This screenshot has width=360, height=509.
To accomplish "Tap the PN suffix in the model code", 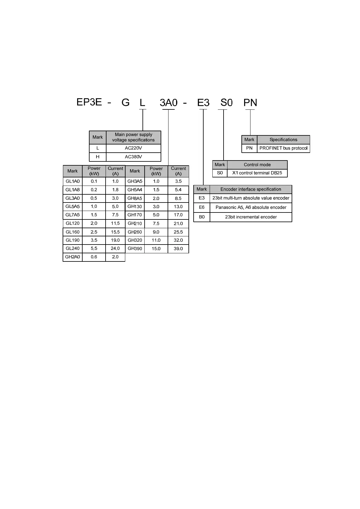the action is (x=250, y=103).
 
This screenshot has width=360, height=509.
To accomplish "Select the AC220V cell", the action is (x=133, y=148).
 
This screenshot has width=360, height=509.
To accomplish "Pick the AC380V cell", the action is (x=133, y=157).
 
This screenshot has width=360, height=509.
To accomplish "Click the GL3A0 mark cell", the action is (x=73, y=198).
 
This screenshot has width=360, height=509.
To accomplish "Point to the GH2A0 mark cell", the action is (x=73, y=257).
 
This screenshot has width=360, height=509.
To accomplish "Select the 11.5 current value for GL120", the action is (x=115, y=223).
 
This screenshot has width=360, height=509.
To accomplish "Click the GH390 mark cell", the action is (x=135, y=249).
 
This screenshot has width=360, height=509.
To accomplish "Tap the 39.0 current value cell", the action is (x=178, y=249).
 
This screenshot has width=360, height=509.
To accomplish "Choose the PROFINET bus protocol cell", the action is (x=283, y=148).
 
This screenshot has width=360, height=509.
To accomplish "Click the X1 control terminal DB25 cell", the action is (x=257, y=173).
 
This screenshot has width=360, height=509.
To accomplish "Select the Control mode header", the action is (x=257, y=165).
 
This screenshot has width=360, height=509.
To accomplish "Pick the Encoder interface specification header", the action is (x=251, y=189).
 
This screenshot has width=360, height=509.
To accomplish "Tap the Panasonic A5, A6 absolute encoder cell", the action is (x=251, y=207).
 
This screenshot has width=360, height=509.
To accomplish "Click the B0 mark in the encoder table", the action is (x=202, y=217).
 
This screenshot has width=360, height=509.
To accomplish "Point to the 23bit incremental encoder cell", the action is (x=251, y=217).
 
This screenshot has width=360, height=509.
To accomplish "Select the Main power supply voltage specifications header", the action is (x=133, y=137).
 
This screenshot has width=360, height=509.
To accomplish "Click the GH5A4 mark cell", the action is (x=135, y=190).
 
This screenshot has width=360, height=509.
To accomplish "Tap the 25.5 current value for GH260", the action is (x=178, y=232).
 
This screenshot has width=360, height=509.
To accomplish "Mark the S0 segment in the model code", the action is (x=226, y=103).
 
